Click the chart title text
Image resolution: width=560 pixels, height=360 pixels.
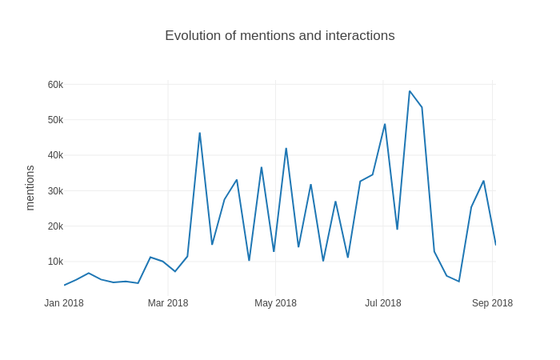[x=279, y=36]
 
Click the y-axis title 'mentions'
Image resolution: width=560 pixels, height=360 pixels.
[x=30, y=188]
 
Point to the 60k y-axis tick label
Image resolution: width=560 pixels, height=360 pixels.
[x=55, y=85]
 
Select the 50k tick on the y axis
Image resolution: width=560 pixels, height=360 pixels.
[x=55, y=120]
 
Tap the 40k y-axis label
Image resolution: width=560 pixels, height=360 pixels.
[x=55, y=155]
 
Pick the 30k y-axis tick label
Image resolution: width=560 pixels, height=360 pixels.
[x=55, y=190]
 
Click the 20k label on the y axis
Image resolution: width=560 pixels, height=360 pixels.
[x=55, y=226]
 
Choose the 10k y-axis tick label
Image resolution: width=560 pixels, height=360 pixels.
[x=55, y=262]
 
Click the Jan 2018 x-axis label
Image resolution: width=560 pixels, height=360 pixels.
[x=64, y=303]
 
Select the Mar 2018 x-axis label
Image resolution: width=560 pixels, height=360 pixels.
[x=168, y=303]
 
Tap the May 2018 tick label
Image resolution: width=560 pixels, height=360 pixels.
[x=275, y=303]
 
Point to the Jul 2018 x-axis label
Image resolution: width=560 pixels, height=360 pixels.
[x=383, y=303]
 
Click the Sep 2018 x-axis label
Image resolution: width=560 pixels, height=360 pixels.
[x=492, y=303]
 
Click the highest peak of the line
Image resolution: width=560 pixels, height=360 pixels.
[x=410, y=91]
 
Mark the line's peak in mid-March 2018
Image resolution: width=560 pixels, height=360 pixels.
[x=199, y=133]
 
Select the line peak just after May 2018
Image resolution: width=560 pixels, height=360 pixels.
[x=286, y=148]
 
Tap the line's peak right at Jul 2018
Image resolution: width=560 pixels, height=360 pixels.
[x=385, y=124]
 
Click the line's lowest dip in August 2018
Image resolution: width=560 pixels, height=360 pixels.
[x=458, y=282]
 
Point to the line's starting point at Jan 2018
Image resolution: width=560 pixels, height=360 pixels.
[x=65, y=285]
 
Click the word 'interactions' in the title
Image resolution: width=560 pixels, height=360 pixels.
[x=362, y=36]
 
